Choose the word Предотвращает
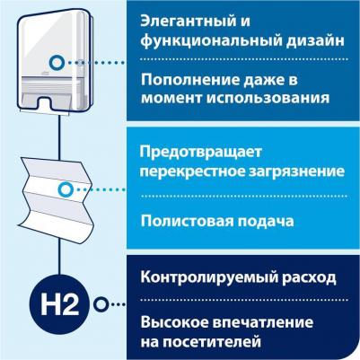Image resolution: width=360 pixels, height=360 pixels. point(201,153)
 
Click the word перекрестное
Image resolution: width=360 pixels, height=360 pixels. point(195,171)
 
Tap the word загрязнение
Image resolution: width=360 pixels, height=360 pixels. point(299,171)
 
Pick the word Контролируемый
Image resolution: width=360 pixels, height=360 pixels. point(209,277)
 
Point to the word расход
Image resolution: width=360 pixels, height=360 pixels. point(309,278)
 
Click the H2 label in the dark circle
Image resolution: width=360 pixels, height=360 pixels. point(59,304)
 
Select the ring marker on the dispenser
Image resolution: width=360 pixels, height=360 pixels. point(57,63)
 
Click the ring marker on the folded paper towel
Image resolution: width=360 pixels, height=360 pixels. point(66,189)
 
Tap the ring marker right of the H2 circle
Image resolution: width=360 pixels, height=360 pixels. point(101,304)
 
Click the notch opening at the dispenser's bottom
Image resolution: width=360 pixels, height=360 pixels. point(47,102)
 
